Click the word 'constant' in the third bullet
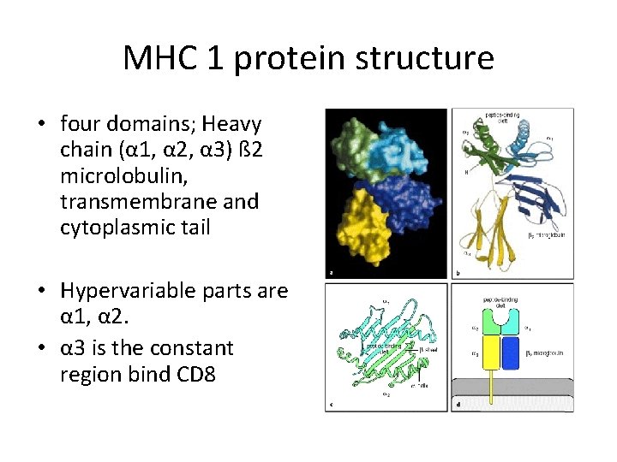click(x=201, y=348)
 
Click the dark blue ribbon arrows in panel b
click(x=536, y=192)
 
